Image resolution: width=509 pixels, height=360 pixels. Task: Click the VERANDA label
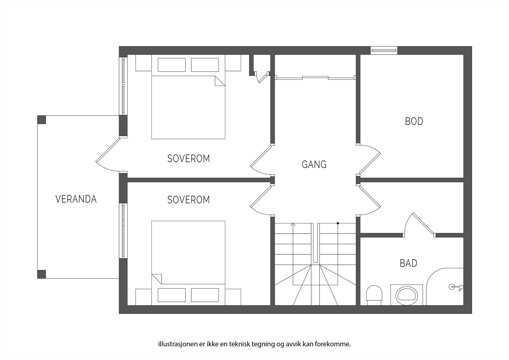[x=76, y=199]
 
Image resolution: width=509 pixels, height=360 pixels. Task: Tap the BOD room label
[x=414, y=121]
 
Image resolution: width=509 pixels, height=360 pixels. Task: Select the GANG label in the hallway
[x=314, y=164]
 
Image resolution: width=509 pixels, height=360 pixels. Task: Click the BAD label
[x=408, y=263]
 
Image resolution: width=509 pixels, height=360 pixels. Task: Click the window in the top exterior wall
[x=384, y=50]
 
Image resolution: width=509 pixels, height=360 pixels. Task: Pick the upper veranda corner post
[x=42, y=120]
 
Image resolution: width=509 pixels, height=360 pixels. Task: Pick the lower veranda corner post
[x=42, y=274]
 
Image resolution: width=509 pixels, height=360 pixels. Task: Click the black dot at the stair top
[x=338, y=223]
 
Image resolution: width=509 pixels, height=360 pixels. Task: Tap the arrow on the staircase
[x=293, y=225]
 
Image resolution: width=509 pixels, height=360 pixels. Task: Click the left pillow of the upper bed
[x=171, y=65]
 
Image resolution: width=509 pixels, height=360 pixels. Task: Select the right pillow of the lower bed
[x=205, y=295]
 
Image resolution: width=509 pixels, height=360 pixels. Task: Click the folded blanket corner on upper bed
[x=220, y=81]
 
